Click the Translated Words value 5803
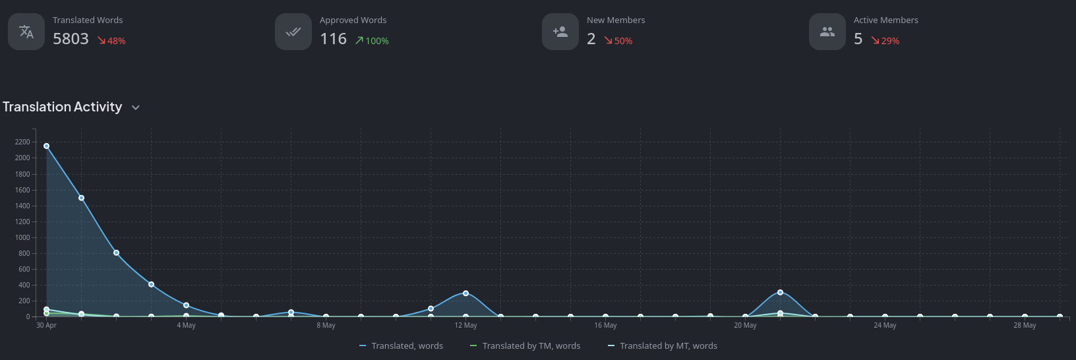coord(71,39)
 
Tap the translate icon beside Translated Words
coord(26,32)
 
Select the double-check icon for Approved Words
coord(293,32)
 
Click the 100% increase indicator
coord(372,41)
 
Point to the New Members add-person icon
coord(560,32)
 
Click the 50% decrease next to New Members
coord(618,41)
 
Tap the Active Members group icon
coord(827,32)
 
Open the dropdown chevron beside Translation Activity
coord(136,107)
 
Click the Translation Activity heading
coord(63,107)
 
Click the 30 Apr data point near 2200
coord(46,146)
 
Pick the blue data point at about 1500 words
coord(81,198)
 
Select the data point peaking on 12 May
coord(465,293)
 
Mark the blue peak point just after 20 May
coord(780,292)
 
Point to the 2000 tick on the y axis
coord(22,158)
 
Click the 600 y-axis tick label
coord(24,269)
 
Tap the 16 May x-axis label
coord(605,325)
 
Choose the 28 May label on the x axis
coord(1025,325)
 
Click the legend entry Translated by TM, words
coord(531,345)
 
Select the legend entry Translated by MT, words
coord(668,345)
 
